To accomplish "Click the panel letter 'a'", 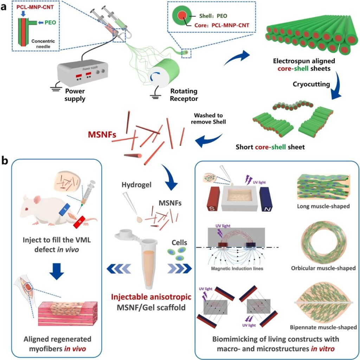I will (5, 6).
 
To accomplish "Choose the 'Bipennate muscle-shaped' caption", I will (323, 327).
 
